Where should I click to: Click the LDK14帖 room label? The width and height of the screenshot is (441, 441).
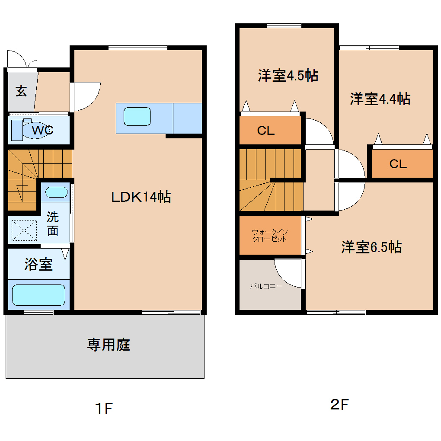(141, 197)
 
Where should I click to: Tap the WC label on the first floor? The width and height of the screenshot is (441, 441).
(42, 130)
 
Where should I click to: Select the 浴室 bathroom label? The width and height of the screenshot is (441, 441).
(38, 264)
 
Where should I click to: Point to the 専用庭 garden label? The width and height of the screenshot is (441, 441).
(109, 345)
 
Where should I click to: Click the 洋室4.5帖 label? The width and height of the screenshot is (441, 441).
(288, 76)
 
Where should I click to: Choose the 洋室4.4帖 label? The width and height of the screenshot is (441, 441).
(380, 99)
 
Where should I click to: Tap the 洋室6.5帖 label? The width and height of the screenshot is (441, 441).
(371, 247)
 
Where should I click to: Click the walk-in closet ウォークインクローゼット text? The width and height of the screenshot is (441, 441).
(270, 235)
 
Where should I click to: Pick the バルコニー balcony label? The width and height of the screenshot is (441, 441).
(266, 286)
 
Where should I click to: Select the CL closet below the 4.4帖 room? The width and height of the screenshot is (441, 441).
(398, 164)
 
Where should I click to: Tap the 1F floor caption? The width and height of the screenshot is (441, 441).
(104, 408)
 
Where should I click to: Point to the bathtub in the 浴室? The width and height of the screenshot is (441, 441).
(38, 294)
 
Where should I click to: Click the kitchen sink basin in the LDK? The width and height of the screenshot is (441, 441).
(137, 116)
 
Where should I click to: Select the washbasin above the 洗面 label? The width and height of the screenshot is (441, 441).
(56, 192)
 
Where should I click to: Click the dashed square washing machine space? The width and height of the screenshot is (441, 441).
(24, 230)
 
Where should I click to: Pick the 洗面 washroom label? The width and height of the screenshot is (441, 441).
(52, 224)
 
